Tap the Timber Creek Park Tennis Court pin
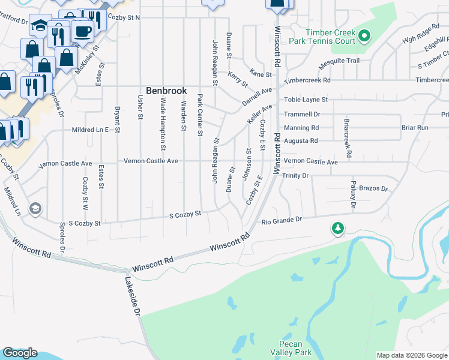pyautogui.click(x=364, y=37)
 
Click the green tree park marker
pyautogui.click(x=338, y=229)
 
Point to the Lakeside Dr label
pyautogui.click(x=133, y=296)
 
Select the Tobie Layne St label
pyautogui.click(x=306, y=99)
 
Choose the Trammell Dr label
pyautogui.click(x=302, y=113)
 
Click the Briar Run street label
pyautogui.click(x=415, y=127)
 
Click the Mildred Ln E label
pyautogui.click(x=89, y=129)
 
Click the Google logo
pyautogui.click(x=20, y=353)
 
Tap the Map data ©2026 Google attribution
pyautogui.click(x=412, y=355)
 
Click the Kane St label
pyautogui.click(x=261, y=74)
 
